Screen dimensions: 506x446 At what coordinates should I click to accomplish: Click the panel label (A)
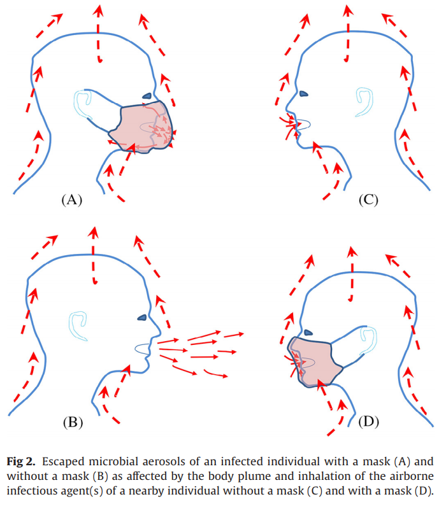coord(71,200)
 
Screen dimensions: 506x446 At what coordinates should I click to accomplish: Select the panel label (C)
coord(368,200)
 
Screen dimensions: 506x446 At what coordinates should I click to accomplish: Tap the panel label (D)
coord(368,421)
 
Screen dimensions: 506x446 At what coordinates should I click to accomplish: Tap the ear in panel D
coord(368,339)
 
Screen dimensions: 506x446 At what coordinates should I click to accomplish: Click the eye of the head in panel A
coord(147,96)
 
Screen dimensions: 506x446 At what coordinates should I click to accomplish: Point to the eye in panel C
coord(304,94)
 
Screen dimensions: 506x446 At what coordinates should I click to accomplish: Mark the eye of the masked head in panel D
coord(309,332)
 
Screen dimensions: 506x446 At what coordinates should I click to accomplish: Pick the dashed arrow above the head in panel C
coord(347,32)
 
